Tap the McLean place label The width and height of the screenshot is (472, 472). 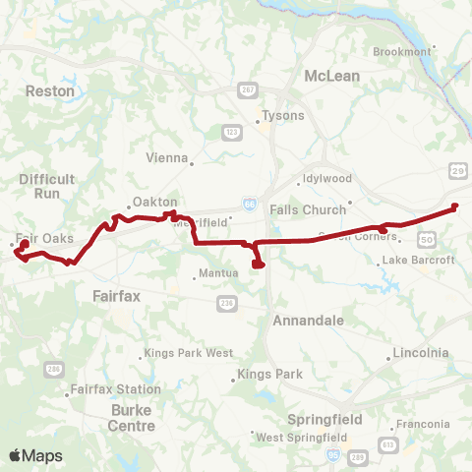pyautogui.click(x=331, y=76)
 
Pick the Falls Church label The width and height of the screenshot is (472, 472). pyautogui.click(x=308, y=209)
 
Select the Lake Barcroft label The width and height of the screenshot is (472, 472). pyautogui.click(x=418, y=260)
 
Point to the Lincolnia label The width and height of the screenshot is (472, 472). pyautogui.click(x=420, y=352)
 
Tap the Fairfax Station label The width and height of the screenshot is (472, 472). pyautogui.click(x=106, y=390)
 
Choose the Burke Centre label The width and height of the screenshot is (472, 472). pyautogui.click(x=132, y=419)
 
